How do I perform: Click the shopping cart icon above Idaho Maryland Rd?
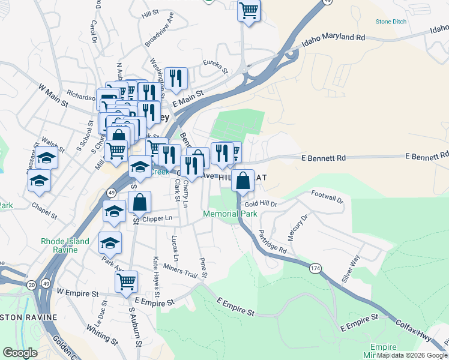tap(249, 10)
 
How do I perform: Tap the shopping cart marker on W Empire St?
tap(127, 281)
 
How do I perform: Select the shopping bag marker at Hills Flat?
tap(242, 180)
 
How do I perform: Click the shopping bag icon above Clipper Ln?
tap(139, 202)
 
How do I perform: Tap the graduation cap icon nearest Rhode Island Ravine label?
tap(110, 242)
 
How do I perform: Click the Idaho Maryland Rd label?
tap(334, 38)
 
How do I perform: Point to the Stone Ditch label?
tap(391, 22)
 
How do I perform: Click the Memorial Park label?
tap(231, 214)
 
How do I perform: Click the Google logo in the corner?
tap(20, 353)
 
